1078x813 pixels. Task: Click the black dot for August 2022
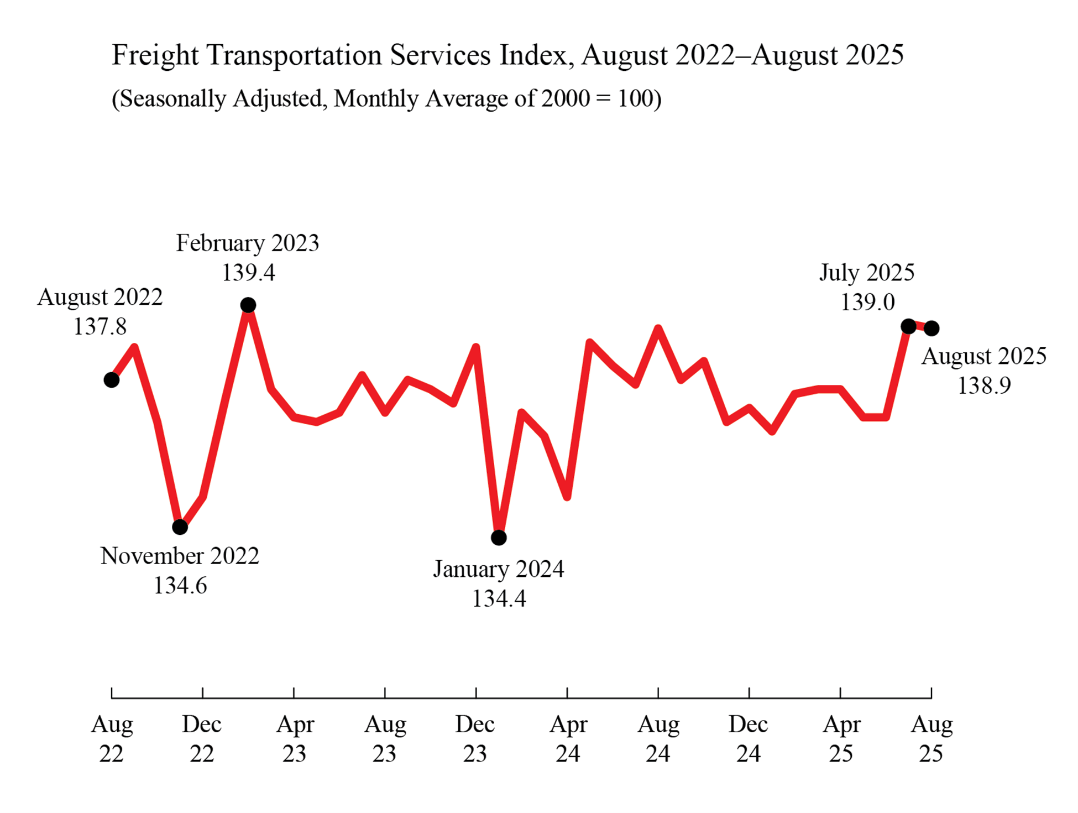[x=112, y=380]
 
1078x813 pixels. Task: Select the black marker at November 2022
[x=180, y=527]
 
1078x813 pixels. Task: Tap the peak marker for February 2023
[x=248, y=305]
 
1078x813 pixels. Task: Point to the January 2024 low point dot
[x=499, y=538]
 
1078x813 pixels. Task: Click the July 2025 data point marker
[x=908, y=326]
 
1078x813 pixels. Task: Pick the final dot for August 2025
[x=932, y=329]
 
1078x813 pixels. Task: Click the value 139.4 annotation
[x=248, y=273]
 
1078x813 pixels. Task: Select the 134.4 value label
[x=499, y=599]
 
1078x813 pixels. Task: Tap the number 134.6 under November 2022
[x=180, y=586]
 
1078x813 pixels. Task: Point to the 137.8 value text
[x=100, y=326]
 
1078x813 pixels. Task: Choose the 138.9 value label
[x=984, y=385]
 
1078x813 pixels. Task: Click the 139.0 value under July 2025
[x=867, y=302]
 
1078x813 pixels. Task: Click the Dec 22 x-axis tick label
[x=202, y=739]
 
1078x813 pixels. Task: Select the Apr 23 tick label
[x=295, y=739]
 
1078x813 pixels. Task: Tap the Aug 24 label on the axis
[x=658, y=739]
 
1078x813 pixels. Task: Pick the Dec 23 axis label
[x=475, y=739]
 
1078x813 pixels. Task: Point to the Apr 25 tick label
[x=841, y=739]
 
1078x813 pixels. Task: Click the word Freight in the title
[x=155, y=55]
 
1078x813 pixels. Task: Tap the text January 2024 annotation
[x=499, y=569]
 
